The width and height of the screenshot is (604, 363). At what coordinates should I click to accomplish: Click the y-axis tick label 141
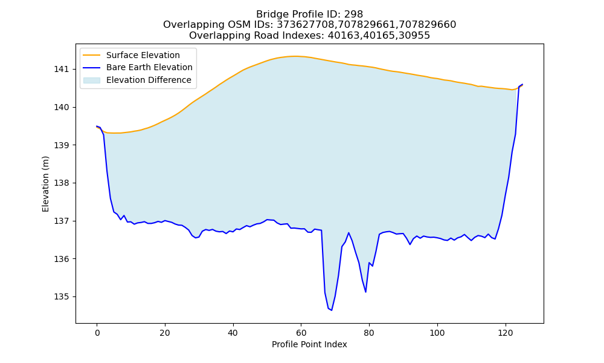[x=61, y=70]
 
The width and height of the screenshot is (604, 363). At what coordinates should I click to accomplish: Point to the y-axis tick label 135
[x=61, y=297]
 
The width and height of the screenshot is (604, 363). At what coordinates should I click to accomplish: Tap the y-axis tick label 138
[x=61, y=183]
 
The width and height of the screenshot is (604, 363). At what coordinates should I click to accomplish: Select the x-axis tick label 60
[x=301, y=333]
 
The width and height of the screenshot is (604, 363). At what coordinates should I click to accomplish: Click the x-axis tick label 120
[x=505, y=333]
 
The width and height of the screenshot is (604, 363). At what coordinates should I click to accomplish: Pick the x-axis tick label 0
[x=97, y=333]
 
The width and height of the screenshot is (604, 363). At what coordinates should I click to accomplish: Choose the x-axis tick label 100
[x=437, y=333]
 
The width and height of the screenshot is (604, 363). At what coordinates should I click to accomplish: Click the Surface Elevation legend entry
[x=143, y=55]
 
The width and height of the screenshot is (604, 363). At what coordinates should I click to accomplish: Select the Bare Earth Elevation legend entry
[x=149, y=68]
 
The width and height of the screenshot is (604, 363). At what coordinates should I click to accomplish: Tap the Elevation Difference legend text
[x=149, y=80]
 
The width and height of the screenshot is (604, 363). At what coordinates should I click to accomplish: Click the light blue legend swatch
[x=92, y=80]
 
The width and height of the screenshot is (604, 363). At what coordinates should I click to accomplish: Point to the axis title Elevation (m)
[x=45, y=184]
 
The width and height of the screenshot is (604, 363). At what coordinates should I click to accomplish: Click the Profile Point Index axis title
[x=309, y=344]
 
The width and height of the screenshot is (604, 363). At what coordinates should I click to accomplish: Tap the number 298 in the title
[x=353, y=15]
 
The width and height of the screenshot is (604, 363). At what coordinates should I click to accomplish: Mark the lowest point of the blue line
[x=331, y=310]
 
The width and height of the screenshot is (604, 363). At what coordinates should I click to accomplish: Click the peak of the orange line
[x=294, y=56]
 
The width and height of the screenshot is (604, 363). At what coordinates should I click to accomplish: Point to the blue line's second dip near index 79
[x=365, y=292]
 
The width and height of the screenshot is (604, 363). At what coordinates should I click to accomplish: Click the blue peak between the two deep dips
[x=349, y=232]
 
